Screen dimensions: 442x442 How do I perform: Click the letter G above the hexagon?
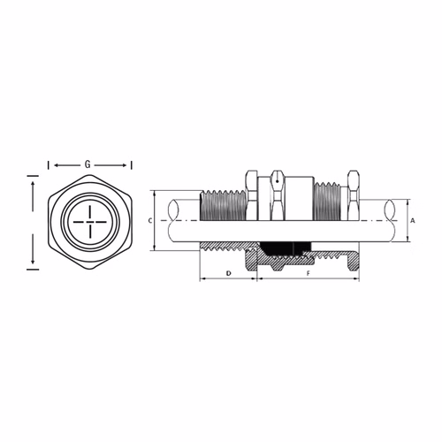[x=88, y=164]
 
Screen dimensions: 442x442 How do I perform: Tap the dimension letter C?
[x=150, y=221]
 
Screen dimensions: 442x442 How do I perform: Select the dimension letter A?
[x=413, y=220]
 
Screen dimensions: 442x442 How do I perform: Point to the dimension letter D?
[x=229, y=273]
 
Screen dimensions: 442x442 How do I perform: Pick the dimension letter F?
[x=309, y=273]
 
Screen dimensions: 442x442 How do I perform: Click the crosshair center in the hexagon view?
[x=90, y=222]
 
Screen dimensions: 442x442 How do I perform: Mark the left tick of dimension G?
[x=49, y=165]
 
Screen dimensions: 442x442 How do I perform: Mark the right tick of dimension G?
[x=132, y=165]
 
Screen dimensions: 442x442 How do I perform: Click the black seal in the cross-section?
[x=286, y=248]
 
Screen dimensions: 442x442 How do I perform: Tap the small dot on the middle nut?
[x=278, y=181]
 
